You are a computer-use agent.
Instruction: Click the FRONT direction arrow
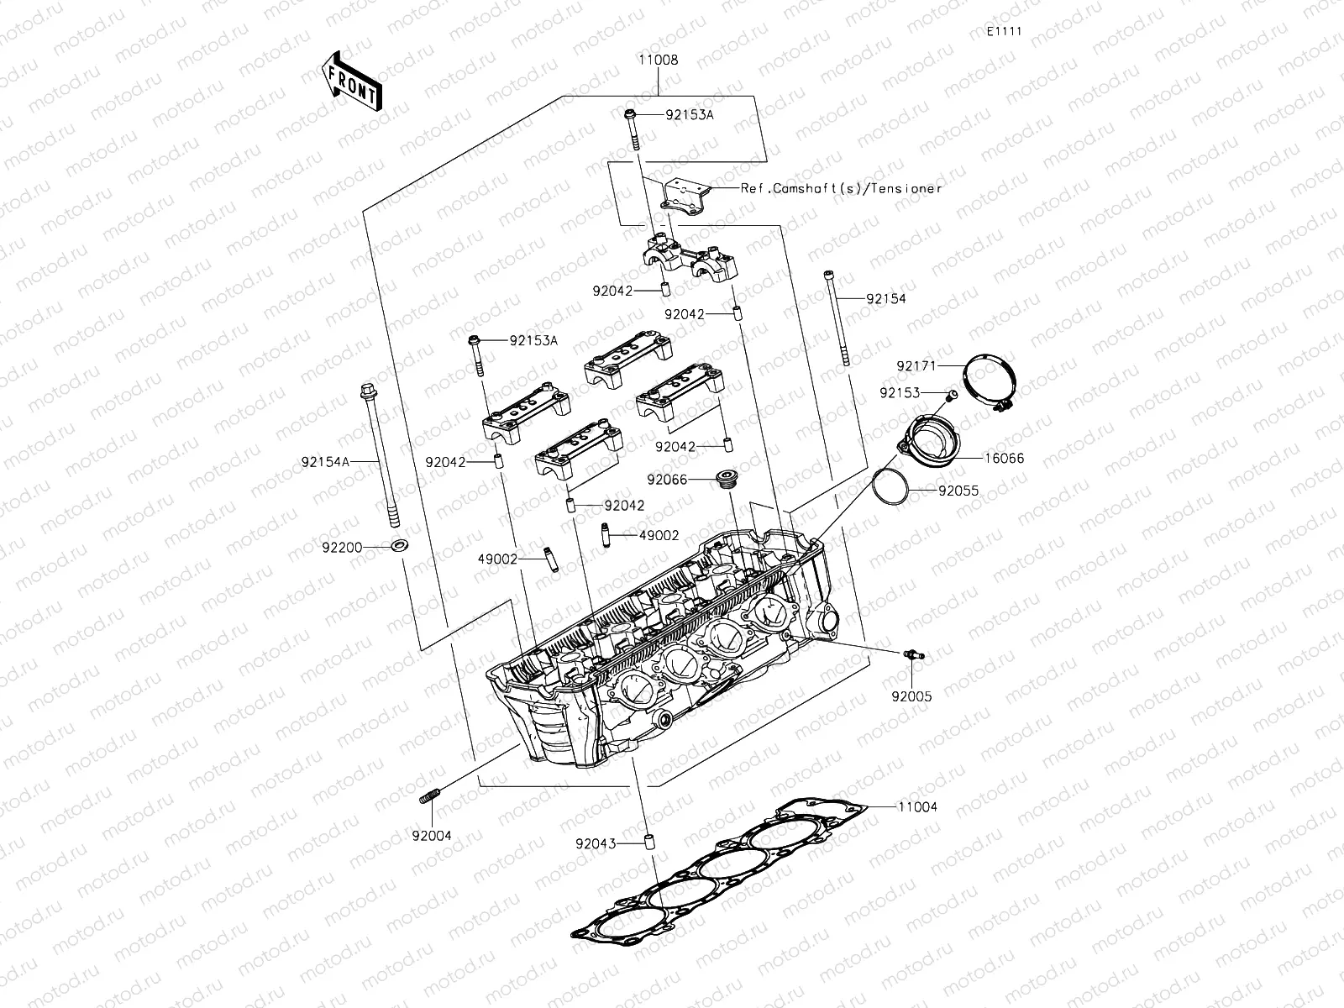(351, 82)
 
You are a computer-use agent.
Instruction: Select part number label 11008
(658, 60)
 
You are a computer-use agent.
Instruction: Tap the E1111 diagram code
(1004, 31)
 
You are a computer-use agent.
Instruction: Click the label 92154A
(325, 461)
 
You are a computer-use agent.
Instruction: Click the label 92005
(911, 696)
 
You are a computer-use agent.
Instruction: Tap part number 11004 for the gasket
(917, 806)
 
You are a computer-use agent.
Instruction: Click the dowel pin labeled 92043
(648, 843)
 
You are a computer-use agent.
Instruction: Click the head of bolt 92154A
(367, 391)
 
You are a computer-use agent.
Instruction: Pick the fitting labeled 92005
(911, 656)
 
